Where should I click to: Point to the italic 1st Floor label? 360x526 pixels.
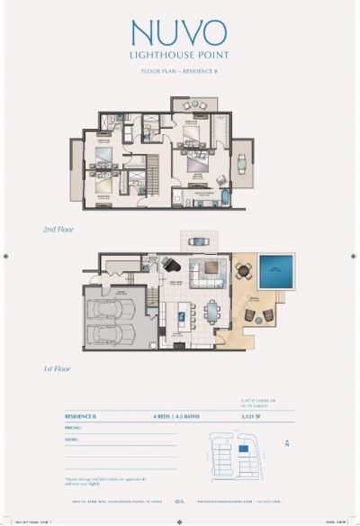point(57,368)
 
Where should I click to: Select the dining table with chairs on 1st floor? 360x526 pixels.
point(212,312)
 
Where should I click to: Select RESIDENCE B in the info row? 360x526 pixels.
point(85,417)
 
